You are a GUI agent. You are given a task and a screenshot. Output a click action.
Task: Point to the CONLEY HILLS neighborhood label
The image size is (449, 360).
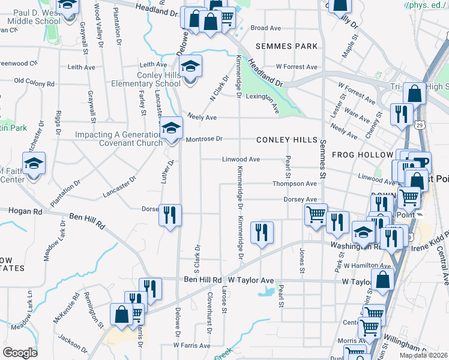coord(286,140)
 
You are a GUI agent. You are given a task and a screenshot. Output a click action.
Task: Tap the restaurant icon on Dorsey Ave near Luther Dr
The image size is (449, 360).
coord(170,215)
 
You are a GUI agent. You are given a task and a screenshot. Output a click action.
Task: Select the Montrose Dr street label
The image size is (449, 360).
coord(204,139)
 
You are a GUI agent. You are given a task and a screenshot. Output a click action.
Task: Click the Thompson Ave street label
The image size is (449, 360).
coord(294,184)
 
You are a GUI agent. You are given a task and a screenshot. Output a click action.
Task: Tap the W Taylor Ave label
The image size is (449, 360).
coord(250,280)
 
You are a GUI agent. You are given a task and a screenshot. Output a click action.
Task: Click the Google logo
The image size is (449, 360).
coord(20,353)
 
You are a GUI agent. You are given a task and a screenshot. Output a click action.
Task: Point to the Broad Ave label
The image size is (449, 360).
coord(266,28)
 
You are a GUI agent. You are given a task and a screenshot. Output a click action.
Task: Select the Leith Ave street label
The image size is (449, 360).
coord(153,65)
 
